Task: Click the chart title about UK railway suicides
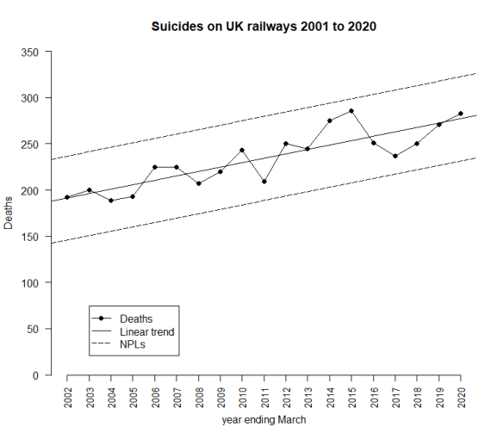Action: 264,27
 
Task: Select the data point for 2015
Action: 351,111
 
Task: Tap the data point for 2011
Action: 264,182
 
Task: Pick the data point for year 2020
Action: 461,114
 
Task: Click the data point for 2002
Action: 67,197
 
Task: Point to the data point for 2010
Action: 242,150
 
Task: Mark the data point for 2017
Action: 395,156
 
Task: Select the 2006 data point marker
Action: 155,167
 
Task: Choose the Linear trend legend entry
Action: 146,331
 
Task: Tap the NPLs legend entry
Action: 133,344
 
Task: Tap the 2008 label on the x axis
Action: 198,399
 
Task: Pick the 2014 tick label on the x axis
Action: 330,399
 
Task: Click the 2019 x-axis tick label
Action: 439,399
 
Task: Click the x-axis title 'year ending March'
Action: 264,421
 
